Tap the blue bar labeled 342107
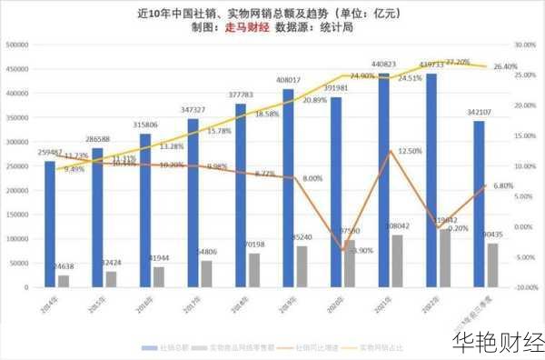(x=479, y=205)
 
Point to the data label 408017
(x=288, y=80)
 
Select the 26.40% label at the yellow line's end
(x=504, y=67)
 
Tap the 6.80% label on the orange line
(x=502, y=186)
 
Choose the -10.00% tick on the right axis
(x=525, y=287)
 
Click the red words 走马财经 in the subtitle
(x=246, y=27)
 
